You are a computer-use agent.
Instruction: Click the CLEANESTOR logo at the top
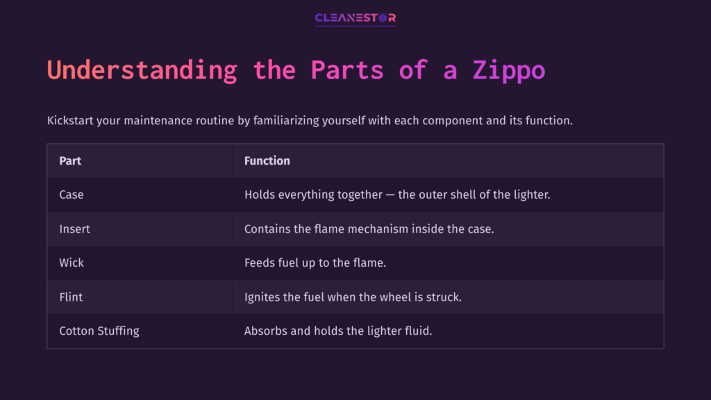pos(355,19)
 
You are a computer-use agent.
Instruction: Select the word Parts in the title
pos(347,70)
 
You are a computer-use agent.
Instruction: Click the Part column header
pos(70,161)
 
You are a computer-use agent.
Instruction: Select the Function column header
pos(267,161)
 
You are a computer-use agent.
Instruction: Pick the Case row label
pos(72,195)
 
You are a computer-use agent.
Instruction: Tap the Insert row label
pos(75,229)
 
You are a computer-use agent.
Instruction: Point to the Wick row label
pos(72,263)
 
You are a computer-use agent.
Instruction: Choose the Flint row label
pos(71,297)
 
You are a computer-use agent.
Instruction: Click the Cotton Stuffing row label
pos(99,331)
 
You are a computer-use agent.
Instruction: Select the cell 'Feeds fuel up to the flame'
pos(315,263)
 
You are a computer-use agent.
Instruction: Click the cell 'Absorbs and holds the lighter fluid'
pos(338,331)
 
